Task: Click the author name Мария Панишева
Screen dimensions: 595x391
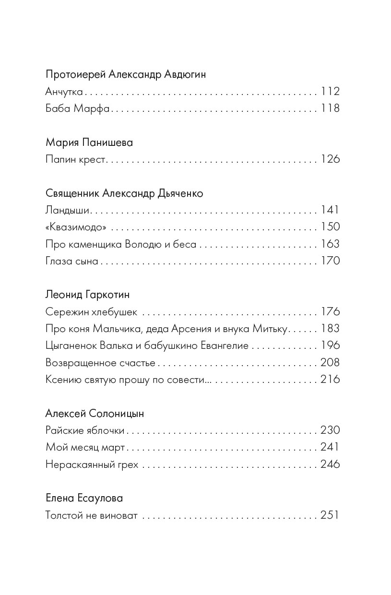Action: point(89,143)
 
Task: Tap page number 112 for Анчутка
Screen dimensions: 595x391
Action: point(330,91)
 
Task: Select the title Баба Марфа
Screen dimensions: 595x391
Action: point(78,108)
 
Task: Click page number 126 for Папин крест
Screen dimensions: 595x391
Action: point(330,159)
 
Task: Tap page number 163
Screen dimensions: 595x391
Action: point(330,244)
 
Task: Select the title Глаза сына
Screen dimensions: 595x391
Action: point(72,261)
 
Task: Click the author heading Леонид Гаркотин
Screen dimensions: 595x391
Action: point(88,294)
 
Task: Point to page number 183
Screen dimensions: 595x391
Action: point(330,329)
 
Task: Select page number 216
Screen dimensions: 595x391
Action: point(330,380)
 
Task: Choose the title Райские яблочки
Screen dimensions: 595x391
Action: point(85,430)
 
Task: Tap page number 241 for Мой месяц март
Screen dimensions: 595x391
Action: point(330,447)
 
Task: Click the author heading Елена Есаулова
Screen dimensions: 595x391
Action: point(84,499)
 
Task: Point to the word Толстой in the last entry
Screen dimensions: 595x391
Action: point(63,516)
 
